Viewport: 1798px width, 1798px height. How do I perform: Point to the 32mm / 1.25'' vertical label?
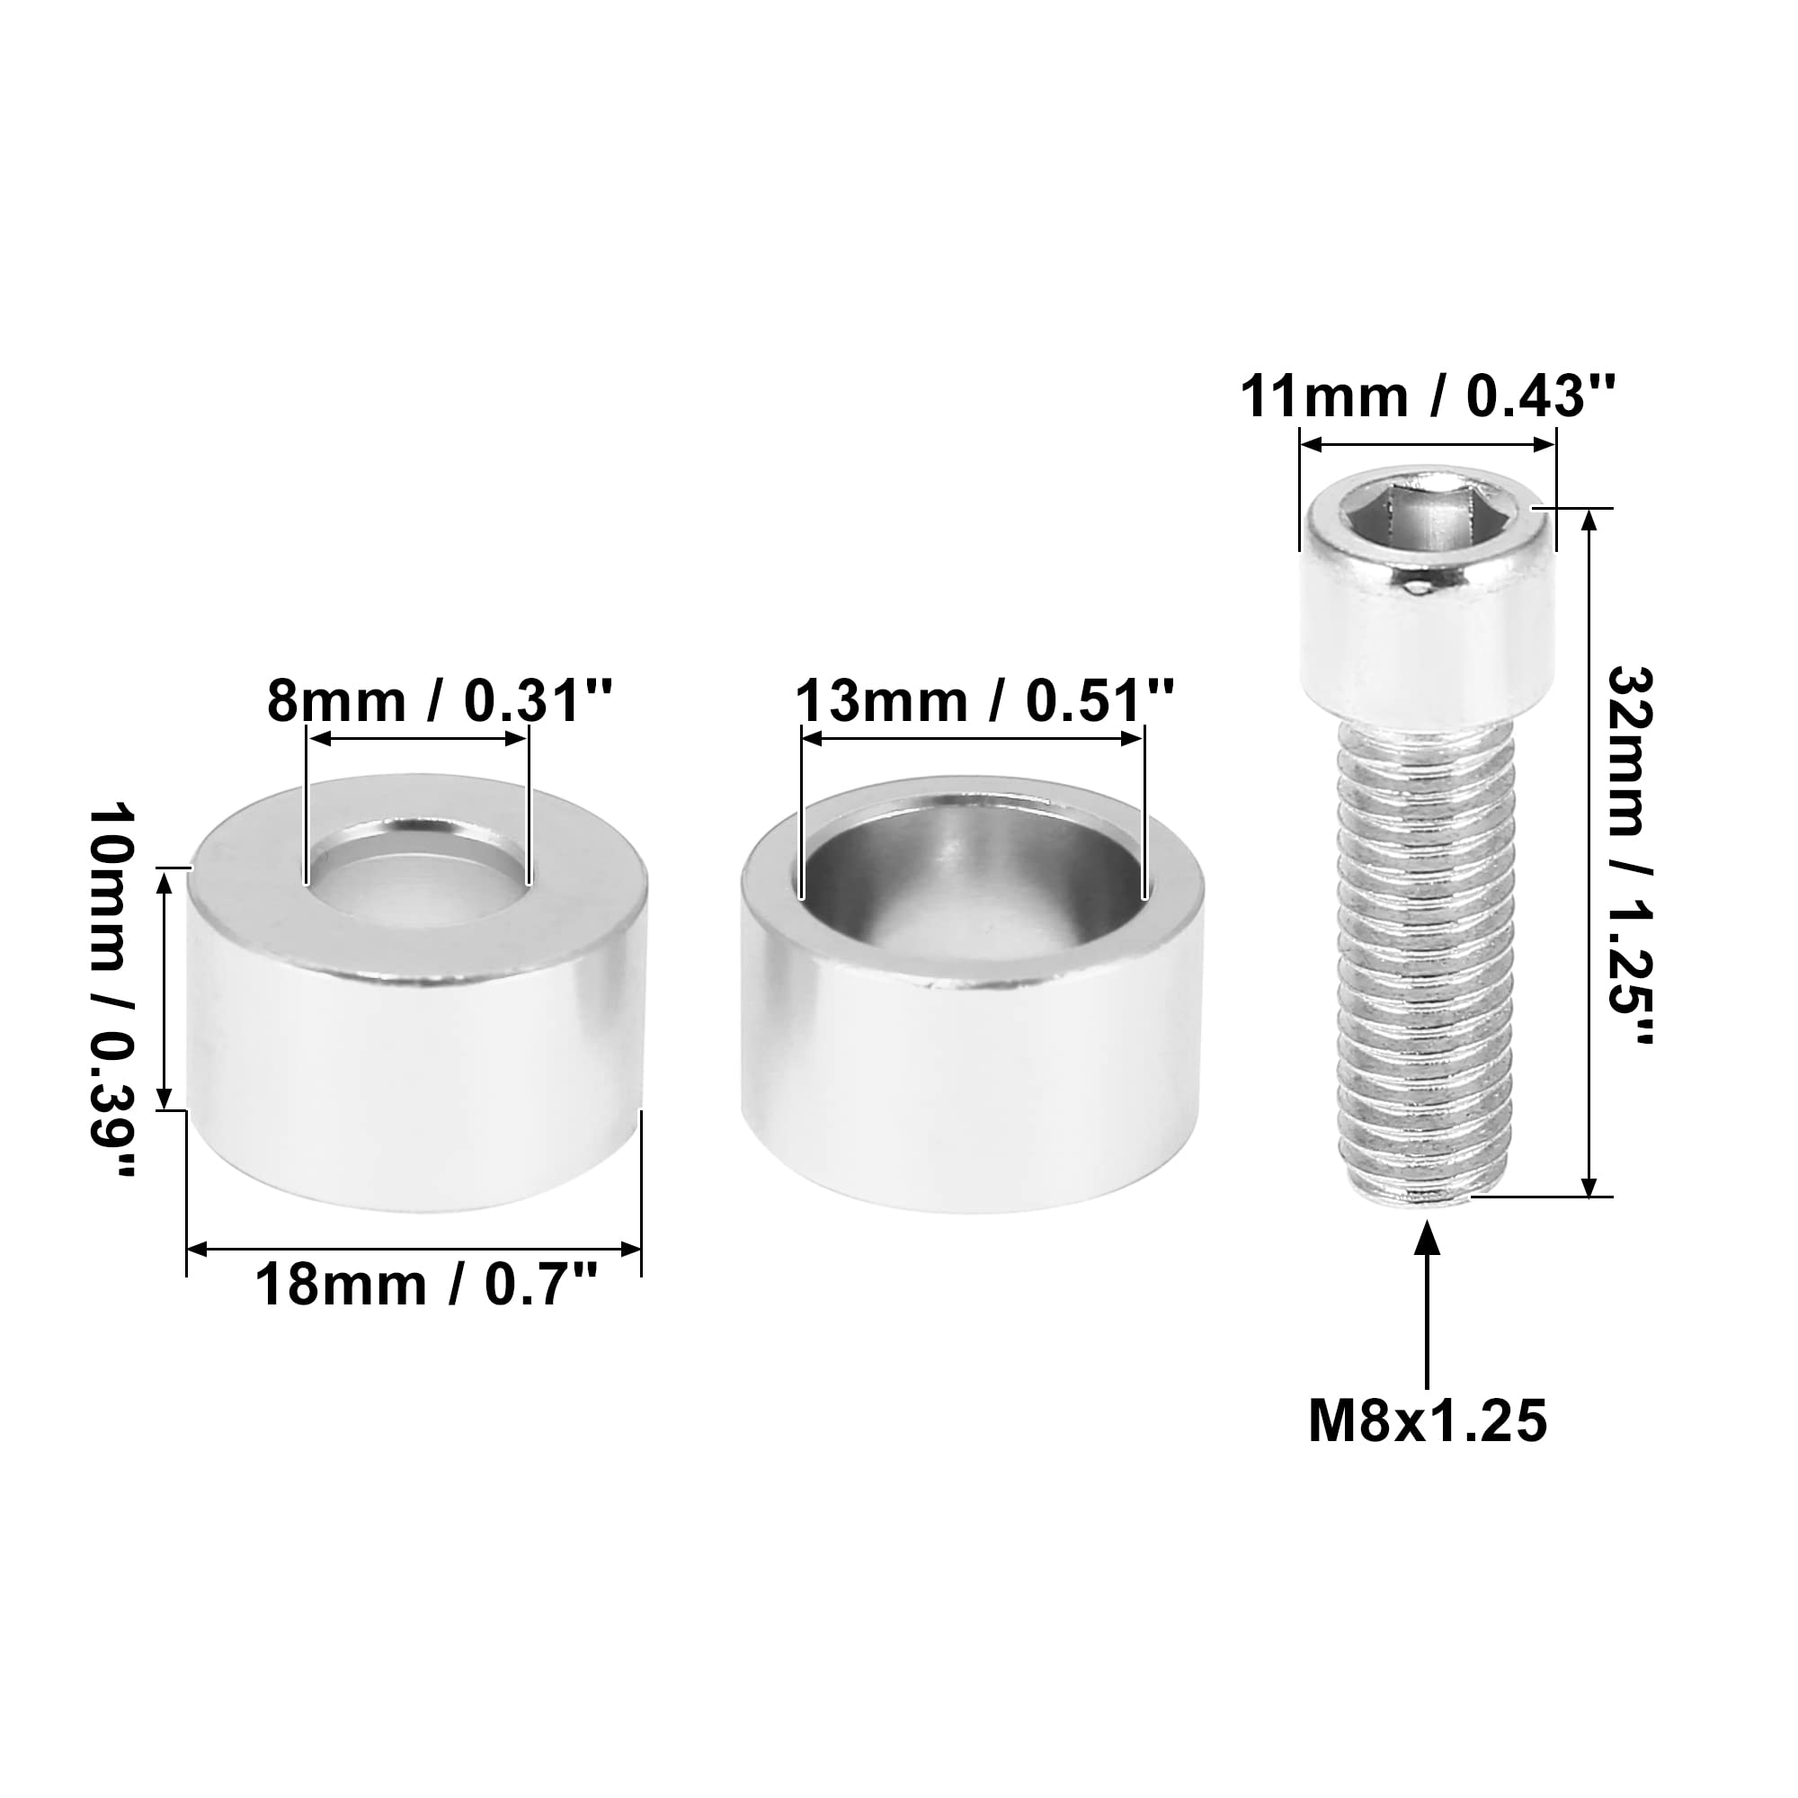(x=1631, y=854)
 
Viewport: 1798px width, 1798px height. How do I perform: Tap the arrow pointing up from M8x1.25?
(x=1427, y=1303)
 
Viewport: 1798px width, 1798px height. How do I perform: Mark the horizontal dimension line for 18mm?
(x=414, y=1248)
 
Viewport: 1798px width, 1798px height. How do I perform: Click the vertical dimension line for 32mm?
(x=1589, y=851)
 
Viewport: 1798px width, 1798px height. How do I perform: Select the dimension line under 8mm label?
(x=418, y=739)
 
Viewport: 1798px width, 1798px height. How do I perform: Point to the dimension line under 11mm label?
(x=1427, y=445)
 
